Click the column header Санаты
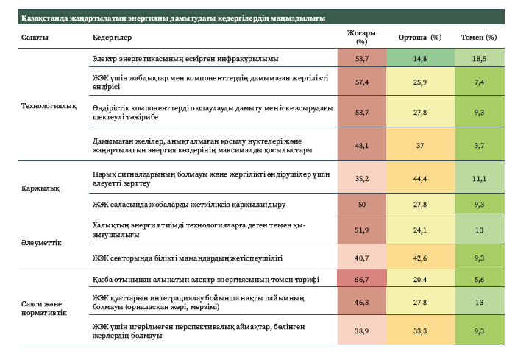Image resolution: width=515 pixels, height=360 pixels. (35, 37)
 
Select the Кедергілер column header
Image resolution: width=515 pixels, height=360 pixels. (112, 37)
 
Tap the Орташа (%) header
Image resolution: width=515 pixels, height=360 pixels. (419, 37)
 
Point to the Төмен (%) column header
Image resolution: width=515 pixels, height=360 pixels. (477, 37)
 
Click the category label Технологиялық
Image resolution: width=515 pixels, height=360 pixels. (49, 105)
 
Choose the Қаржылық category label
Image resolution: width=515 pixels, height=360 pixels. (36, 188)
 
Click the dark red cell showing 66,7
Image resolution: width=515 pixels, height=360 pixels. (361, 280)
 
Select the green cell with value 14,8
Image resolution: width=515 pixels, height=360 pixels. (419, 57)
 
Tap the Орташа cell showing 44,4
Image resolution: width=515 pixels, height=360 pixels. (419, 177)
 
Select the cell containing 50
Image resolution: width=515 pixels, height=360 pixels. (361, 204)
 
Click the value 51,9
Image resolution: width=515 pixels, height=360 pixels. (361, 230)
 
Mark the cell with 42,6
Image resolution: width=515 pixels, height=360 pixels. (419, 258)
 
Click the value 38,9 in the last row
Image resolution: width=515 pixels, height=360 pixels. (361, 331)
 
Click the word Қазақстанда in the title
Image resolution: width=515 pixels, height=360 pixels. (41, 17)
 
